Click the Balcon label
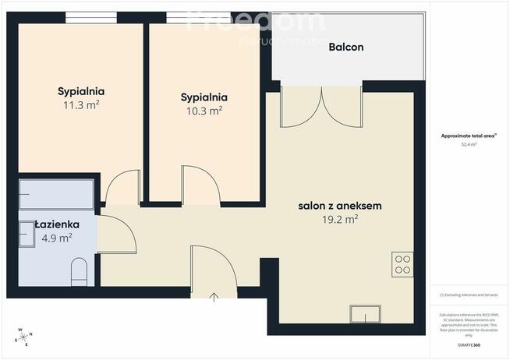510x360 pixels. (346, 48)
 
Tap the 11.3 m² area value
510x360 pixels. (80, 104)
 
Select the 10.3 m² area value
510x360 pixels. (204, 111)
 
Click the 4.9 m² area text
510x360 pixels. (57, 238)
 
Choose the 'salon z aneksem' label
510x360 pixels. (339, 206)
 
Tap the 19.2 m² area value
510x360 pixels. (340, 220)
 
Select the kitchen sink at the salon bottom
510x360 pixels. (365, 314)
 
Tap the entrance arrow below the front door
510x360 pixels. (214, 297)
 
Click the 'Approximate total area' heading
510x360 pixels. (469, 135)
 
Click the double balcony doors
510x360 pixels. (321, 107)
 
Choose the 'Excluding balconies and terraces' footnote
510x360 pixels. (469, 295)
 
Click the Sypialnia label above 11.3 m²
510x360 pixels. (80, 90)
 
